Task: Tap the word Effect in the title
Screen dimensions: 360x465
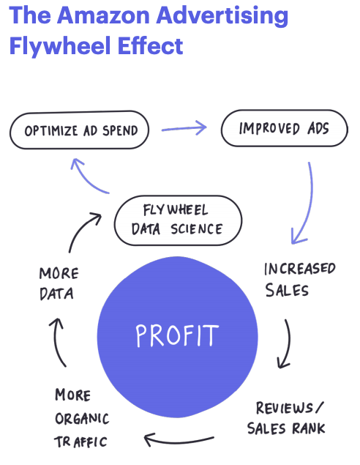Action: pos(151,45)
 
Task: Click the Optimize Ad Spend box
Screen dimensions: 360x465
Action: pos(80,130)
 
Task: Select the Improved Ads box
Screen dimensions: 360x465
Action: pos(285,128)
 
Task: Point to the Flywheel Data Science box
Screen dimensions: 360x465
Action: pos(178,220)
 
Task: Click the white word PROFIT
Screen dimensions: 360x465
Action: pos(177,335)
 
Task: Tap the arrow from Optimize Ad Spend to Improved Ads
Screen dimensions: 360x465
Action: pos(184,128)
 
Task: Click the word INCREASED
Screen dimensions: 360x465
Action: pos(300,269)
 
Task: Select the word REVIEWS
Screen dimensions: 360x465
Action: pos(285,408)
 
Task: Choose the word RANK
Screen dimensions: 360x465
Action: pos(309,428)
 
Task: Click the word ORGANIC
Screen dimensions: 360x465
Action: pos(82,418)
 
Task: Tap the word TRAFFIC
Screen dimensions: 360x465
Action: pos(80,442)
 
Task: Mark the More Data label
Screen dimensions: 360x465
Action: pos(59,283)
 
